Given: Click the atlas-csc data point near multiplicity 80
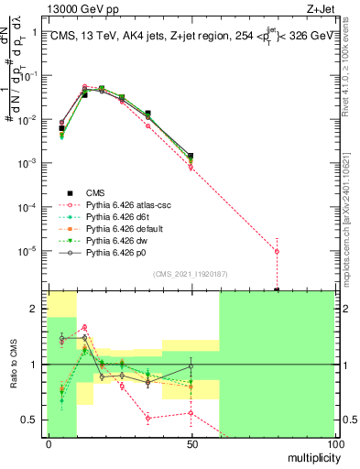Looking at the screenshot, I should pos(277,251).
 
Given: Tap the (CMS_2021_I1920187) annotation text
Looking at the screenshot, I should pos(190,273).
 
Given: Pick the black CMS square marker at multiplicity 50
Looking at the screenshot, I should pos(191,157).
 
